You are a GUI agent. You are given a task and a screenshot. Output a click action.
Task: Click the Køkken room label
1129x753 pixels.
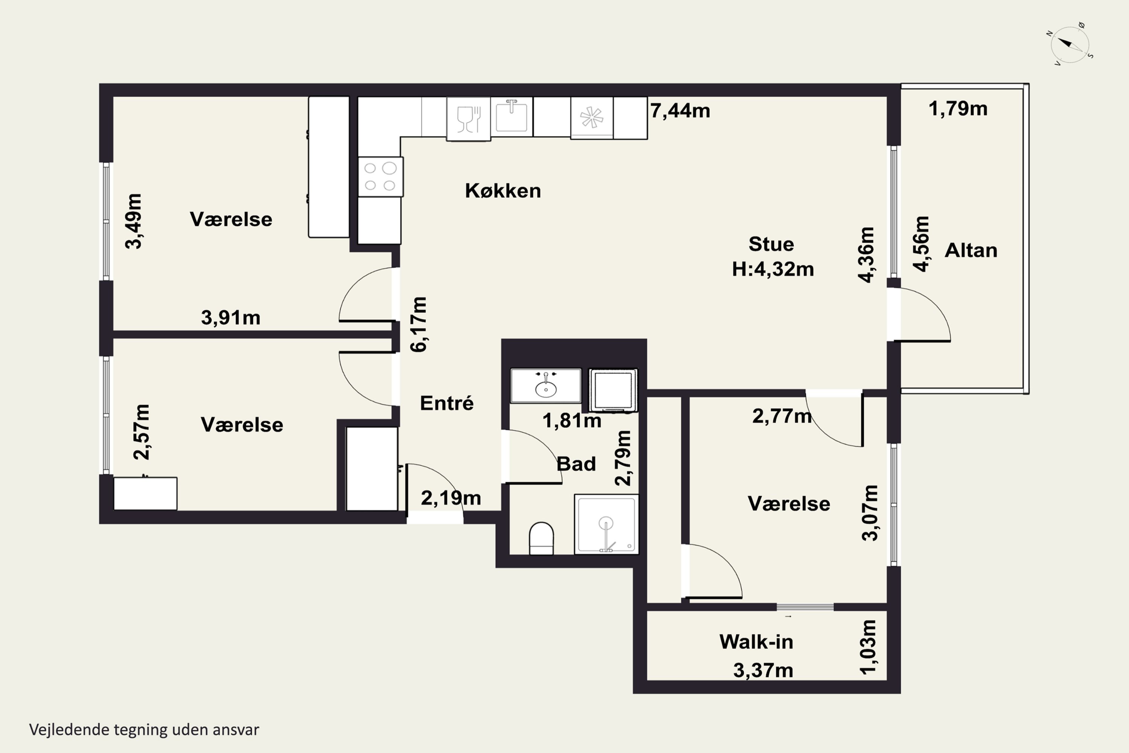tap(502, 191)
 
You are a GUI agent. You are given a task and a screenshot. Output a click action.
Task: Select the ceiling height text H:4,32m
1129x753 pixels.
tap(773, 269)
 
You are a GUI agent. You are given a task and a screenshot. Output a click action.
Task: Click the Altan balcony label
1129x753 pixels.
tap(971, 250)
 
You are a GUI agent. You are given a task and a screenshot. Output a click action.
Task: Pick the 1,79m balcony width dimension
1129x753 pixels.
tap(958, 108)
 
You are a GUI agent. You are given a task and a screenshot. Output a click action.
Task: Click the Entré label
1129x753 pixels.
tap(446, 403)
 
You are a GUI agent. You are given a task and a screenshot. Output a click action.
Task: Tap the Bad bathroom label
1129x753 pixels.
tap(576, 464)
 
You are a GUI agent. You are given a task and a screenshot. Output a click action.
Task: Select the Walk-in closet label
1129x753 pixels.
tap(756, 642)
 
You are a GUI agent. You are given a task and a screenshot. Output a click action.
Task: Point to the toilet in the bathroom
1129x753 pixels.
tap(541, 538)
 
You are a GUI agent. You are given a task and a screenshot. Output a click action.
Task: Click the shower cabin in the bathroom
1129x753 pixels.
tap(606, 524)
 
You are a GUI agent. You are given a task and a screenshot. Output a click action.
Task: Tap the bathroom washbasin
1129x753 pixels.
tap(546, 385)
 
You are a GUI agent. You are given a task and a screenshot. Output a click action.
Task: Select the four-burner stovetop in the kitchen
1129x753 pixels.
tap(380, 177)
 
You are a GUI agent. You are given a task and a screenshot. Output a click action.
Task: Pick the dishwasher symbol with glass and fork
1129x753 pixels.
tap(469, 119)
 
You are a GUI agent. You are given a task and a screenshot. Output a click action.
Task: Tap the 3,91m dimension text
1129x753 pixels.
tap(230, 317)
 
